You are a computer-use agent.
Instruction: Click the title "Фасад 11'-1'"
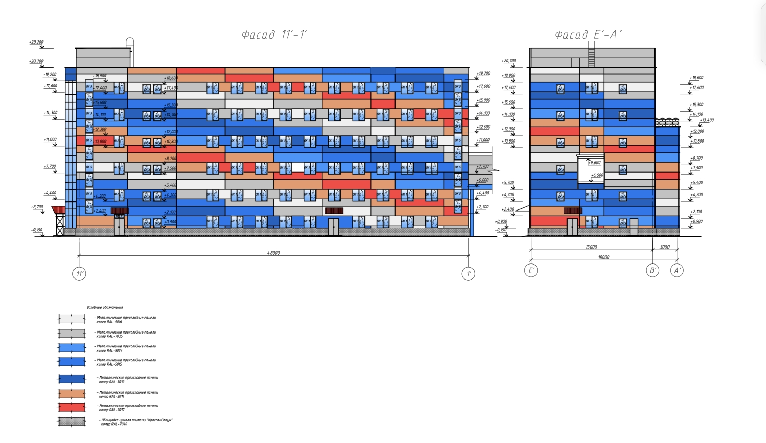pyautogui.click(x=274, y=35)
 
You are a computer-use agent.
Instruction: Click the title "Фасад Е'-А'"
pyautogui.click(x=588, y=35)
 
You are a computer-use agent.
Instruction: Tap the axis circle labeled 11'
pyautogui.click(x=79, y=274)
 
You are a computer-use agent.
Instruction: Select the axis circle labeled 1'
pyautogui.click(x=468, y=274)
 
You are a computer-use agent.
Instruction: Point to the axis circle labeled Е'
pyautogui.click(x=531, y=270)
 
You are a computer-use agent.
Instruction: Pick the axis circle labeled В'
pyautogui.click(x=652, y=270)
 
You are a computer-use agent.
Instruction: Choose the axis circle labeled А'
pyautogui.click(x=677, y=270)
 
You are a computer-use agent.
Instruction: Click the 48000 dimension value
pyautogui.click(x=273, y=253)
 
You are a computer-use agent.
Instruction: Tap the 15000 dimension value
pyautogui.click(x=591, y=247)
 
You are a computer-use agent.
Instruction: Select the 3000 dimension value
pyautogui.click(x=665, y=247)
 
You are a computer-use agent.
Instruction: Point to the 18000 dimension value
pyautogui.click(x=603, y=257)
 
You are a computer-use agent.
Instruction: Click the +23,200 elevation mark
pyautogui.click(x=37, y=42)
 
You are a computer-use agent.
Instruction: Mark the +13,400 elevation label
pyautogui.click(x=707, y=120)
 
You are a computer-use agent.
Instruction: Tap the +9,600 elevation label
pyautogui.click(x=594, y=162)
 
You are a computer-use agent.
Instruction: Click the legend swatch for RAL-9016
pyautogui.click(x=72, y=319)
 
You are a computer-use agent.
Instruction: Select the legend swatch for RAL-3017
pyautogui.click(x=72, y=407)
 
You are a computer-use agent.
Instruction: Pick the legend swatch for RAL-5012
pyautogui.click(x=72, y=379)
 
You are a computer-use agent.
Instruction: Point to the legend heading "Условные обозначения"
pyautogui.click(x=105, y=307)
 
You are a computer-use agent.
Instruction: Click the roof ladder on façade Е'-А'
pyautogui.click(x=591, y=56)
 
